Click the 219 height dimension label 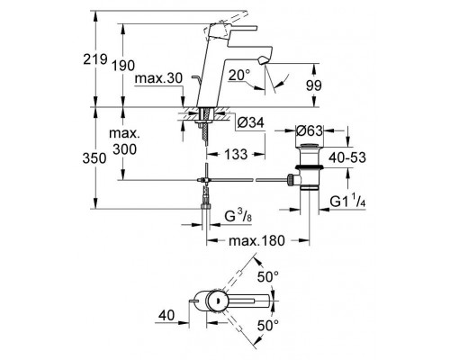click(95, 59)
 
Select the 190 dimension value click(123, 66)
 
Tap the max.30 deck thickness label click(158, 78)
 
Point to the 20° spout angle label click(239, 75)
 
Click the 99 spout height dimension click(313, 85)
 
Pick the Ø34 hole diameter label click(250, 122)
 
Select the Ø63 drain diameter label click(310, 130)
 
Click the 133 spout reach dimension click(236, 154)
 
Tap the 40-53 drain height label click(347, 157)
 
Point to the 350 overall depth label click(94, 158)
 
